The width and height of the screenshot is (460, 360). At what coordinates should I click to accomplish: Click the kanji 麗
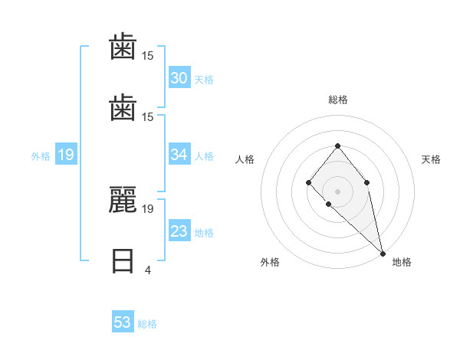123,201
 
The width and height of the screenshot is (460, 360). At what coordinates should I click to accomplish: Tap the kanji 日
123,261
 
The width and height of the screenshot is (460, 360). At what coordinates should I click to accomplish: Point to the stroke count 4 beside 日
147,270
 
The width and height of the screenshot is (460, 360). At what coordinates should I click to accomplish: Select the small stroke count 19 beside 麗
148,208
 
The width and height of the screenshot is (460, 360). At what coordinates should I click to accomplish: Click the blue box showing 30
179,78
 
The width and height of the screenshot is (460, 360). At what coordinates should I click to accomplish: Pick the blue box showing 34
179,155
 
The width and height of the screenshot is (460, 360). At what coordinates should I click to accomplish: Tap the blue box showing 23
179,231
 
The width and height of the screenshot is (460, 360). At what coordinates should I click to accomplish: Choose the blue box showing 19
65,155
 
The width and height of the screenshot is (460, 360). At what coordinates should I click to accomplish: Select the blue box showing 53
123,322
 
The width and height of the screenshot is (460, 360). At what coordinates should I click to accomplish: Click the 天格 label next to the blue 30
204,80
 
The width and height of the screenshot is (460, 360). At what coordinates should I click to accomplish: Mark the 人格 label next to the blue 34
204,156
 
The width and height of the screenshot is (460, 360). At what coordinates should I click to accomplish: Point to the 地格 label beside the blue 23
204,233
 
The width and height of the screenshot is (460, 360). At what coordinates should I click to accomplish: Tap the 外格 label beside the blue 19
41,156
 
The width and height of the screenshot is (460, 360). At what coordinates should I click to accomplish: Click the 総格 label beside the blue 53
147,324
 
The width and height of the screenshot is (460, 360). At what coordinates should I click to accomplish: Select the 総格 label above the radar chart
337,100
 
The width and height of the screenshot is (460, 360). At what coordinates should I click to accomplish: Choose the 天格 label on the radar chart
431,159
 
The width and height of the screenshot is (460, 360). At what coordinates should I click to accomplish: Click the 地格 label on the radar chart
402,262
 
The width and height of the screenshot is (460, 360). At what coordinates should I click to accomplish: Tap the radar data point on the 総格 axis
337,146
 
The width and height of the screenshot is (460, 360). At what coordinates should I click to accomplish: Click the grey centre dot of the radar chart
337,191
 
